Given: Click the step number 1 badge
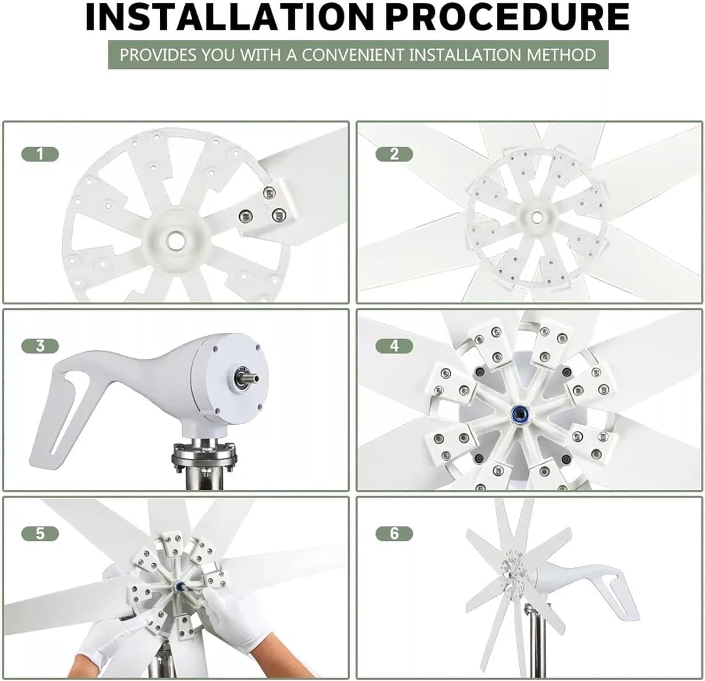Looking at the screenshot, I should (40, 154).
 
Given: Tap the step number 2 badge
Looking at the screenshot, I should (394, 154).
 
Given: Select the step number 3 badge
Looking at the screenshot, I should (40, 346).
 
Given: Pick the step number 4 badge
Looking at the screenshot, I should (394, 346).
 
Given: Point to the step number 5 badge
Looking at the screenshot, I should (40, 534).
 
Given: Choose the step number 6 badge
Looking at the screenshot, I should (394, 534).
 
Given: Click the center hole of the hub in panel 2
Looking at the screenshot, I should (535, 217).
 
